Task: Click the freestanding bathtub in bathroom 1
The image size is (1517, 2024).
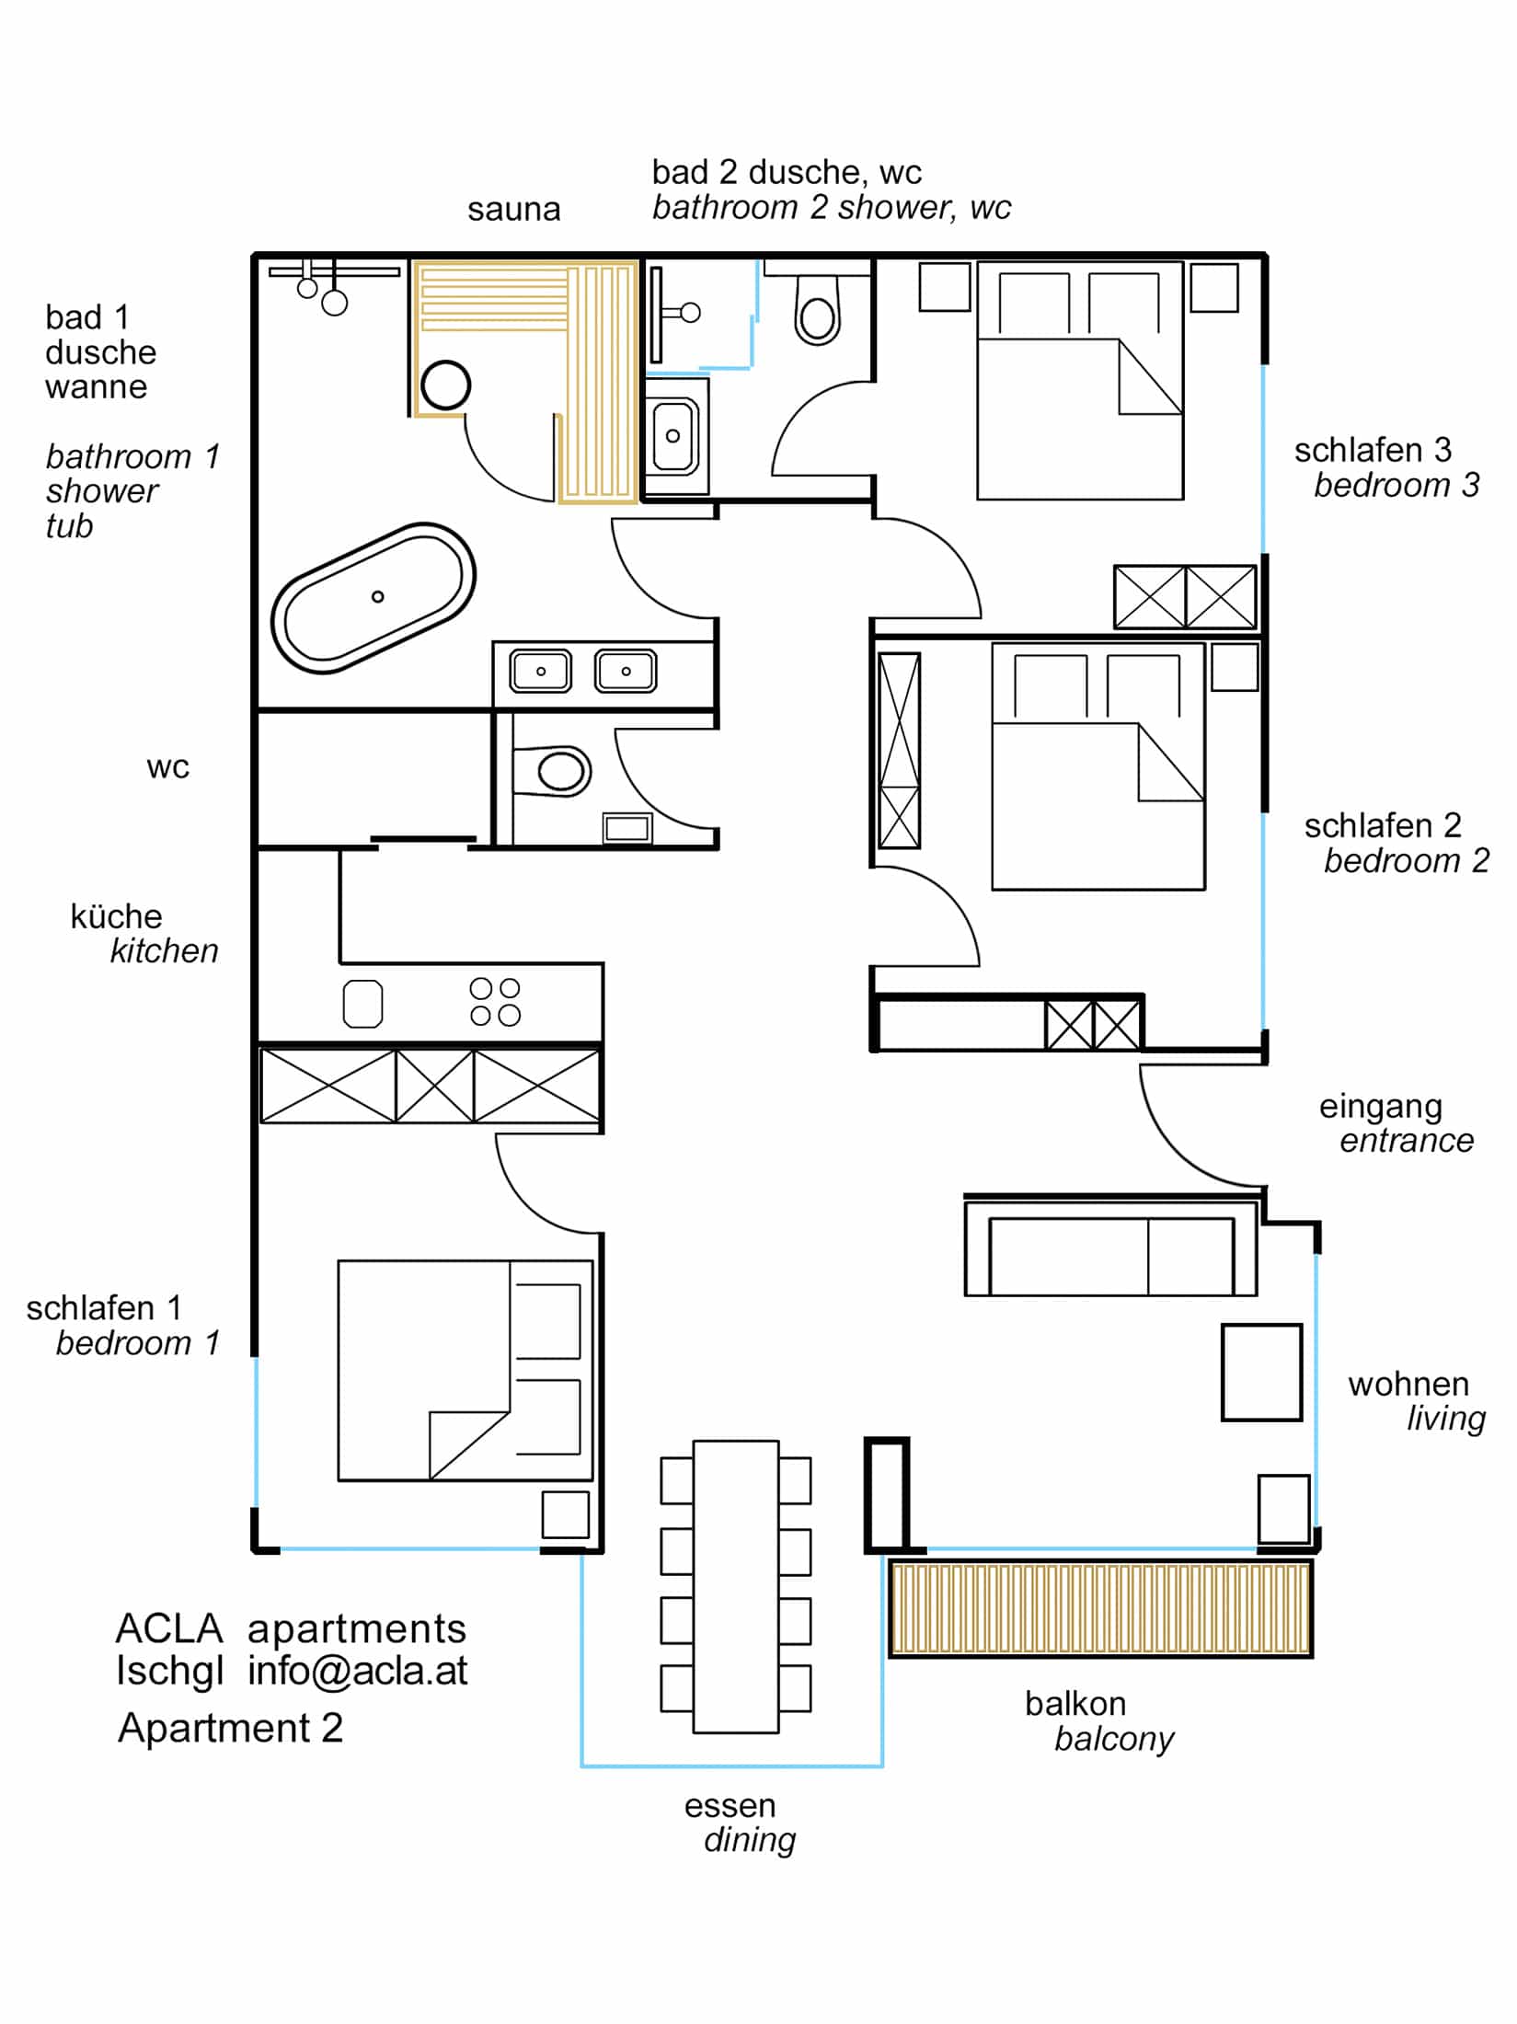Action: [373, 598]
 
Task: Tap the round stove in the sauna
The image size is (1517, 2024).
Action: [445, 385]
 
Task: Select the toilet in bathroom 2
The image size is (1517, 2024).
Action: [817, 313]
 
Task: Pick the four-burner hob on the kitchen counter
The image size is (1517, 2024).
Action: [495, 1002]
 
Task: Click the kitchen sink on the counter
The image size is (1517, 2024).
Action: [362, 1003]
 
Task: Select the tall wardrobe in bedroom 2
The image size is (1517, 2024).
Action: [899, 751]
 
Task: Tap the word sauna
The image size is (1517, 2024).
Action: [513, 210]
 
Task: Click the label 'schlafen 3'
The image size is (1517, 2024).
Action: [1372, 450]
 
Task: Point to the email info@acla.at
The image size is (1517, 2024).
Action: [358, 1671]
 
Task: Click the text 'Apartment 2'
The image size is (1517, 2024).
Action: [230, 1727]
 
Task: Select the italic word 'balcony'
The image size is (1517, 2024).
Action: [1113, 1738]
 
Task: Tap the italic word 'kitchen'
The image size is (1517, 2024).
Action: [164, 950]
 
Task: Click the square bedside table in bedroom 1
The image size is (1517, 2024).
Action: [565, 1514]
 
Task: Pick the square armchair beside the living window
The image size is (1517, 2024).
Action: [1260, 1373]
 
